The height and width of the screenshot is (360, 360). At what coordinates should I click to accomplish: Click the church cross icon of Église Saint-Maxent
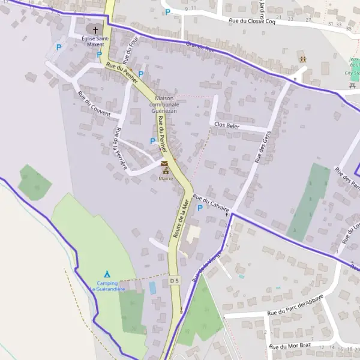95,29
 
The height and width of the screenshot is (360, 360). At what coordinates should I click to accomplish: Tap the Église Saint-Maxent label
93,41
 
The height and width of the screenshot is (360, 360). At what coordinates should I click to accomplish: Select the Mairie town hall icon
164,163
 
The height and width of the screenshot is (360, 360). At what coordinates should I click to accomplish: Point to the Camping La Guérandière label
107,286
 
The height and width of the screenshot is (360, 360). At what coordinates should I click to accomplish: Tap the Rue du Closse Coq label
252,21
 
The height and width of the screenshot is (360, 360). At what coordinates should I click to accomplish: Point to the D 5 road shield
175,280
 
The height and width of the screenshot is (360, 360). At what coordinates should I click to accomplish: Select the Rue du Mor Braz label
290,347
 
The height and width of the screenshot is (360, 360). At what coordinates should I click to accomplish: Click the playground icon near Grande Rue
303,59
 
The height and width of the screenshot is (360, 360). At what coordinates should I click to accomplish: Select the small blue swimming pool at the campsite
152,287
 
